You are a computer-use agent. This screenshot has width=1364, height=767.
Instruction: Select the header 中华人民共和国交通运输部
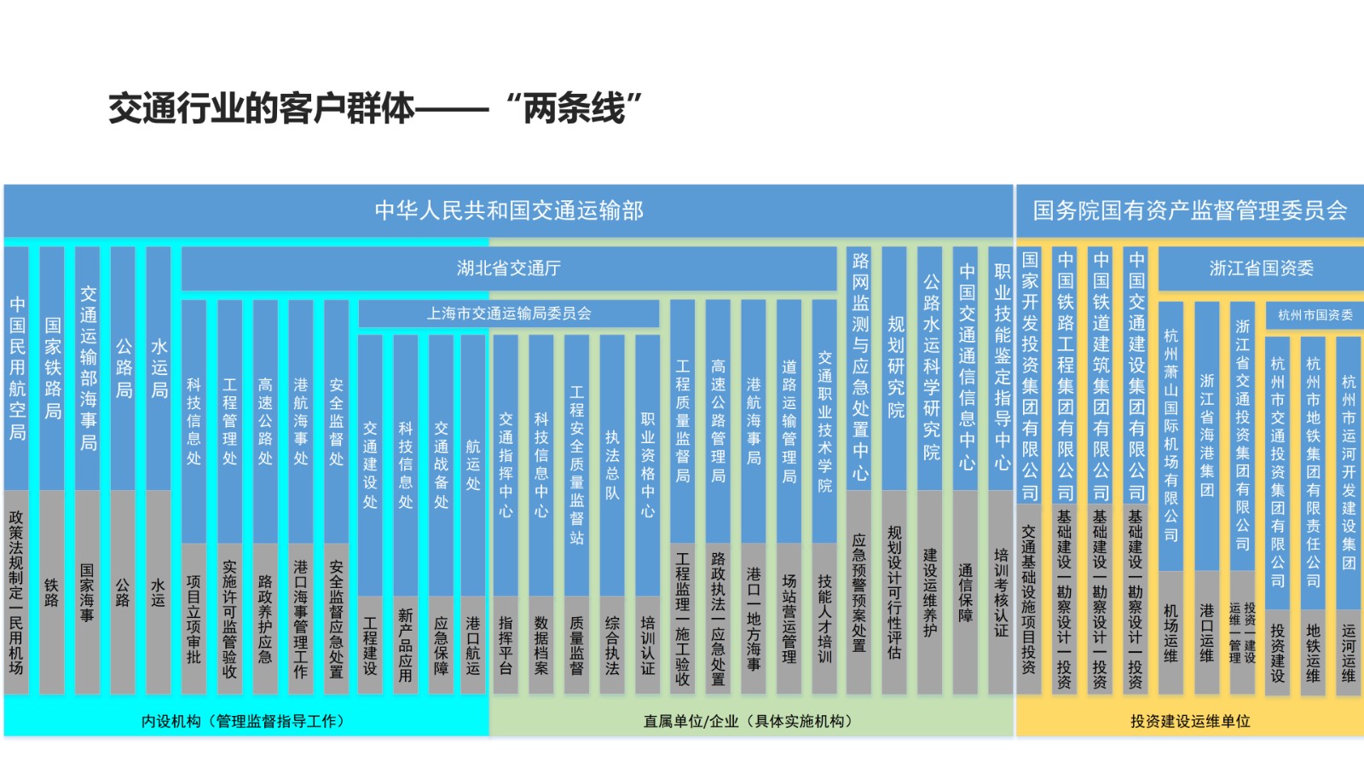(x=509, y=210)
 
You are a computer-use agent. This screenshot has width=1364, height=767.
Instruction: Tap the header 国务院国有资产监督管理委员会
(x=1189, y=210)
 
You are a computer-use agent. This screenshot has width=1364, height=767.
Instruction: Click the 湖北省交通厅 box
(x=509, y=268)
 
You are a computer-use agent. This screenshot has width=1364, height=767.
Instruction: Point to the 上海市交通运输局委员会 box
(x=509, y=314)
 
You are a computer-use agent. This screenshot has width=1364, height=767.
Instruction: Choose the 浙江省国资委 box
(x=1261, y=268)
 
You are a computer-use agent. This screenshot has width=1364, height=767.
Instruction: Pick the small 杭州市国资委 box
(x=1315, y=315)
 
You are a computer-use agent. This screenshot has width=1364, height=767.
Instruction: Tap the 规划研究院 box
(x=895, y=366)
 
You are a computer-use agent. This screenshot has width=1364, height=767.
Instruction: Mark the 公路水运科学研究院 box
(x=931, y=366)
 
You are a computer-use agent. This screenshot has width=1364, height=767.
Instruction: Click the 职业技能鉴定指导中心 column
(x=1002, y=366)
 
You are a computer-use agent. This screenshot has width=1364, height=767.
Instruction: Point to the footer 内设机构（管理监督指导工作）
(x=244, y=721)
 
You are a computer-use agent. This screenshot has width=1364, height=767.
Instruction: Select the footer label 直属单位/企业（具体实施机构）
(x=749, y=721)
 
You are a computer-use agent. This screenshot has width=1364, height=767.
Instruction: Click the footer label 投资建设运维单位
(x=1189, y=721)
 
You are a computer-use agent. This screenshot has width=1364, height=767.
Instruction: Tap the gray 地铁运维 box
(x=1313, y=652)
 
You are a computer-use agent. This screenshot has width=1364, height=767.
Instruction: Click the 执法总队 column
(x=612, y=464)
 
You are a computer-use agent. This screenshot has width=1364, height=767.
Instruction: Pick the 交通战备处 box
(x=441, y=464)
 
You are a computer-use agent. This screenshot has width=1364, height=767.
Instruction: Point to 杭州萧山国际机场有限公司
(x=1171, y=435)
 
